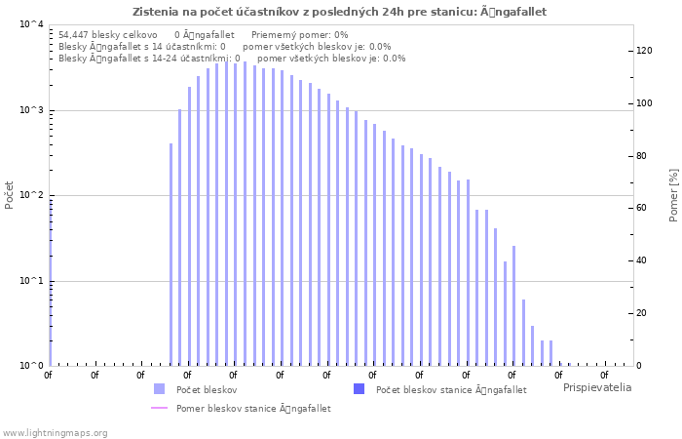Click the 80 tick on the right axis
[x=643, y=156]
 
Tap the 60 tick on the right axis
[x=643, y=208]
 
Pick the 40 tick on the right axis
[x=643, y=260]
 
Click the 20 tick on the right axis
[x=643, y=313]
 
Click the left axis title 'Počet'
[x=10, y=195]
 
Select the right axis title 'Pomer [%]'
[x=673, y=195]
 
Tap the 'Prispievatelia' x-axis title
[x=596, y=387]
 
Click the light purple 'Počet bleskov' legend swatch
[x=159, y=389]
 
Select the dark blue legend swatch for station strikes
[x=359, y=389]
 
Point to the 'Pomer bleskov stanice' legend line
[x=159, y=408]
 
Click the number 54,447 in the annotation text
[x=75, y=34]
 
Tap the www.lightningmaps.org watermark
[x=56, y=432]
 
